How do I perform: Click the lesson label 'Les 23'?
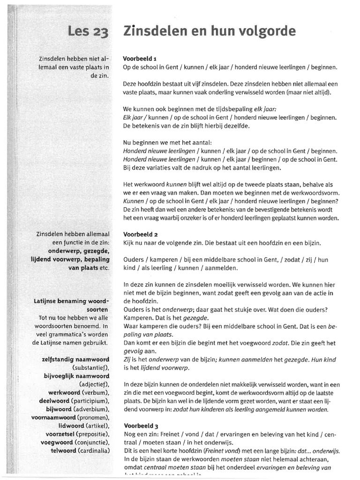88,32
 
